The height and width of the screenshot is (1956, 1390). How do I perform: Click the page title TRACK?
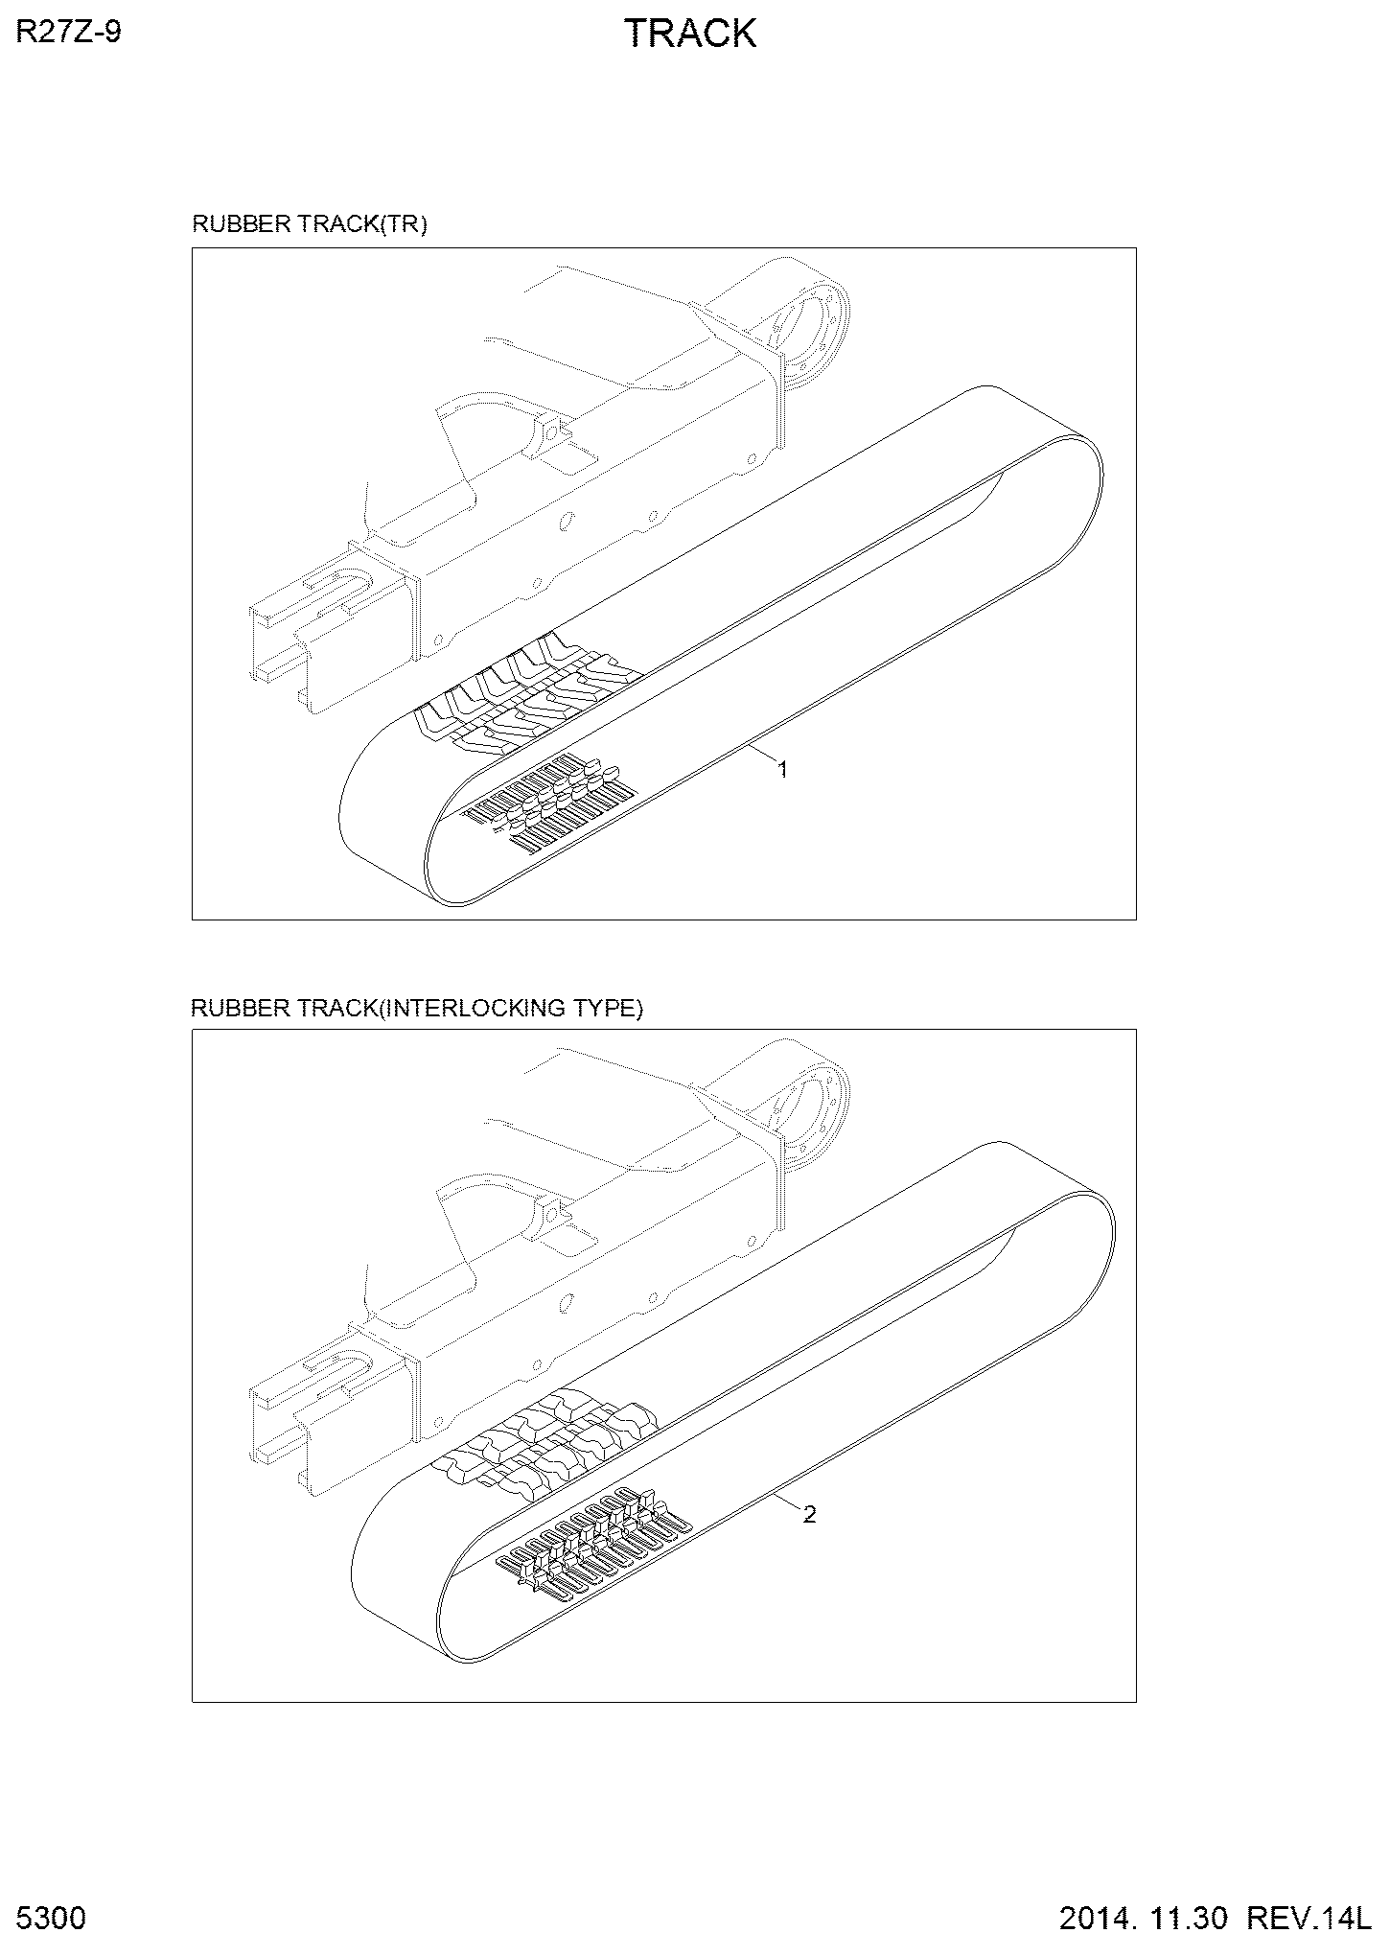(x=690, y=34)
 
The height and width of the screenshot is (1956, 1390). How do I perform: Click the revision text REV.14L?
(x=1306, y=1919)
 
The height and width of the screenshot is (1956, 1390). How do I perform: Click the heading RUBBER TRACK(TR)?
(x=310, y=224)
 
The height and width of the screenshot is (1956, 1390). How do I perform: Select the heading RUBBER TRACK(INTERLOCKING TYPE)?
(x=417, y=1008)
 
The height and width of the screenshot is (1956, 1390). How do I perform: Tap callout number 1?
(x=782, y=769)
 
